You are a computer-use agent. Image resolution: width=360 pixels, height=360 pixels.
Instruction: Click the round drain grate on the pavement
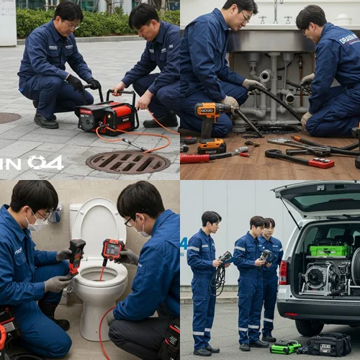(x=127, y=162)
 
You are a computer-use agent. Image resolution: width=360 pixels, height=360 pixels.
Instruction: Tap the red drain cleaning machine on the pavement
(x=108, y=116)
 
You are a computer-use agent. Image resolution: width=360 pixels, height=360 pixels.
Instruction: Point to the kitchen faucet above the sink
(x=274, y=11)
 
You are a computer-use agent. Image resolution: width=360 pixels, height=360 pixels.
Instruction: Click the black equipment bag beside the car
(x=329, y=343)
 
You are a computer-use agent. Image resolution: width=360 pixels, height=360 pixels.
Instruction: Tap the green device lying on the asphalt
(x=285, y=346)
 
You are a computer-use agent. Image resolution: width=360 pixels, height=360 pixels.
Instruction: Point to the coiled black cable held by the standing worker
(x=217, y=279)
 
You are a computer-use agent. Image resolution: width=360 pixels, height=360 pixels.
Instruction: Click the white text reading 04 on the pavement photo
(x=45, y=163)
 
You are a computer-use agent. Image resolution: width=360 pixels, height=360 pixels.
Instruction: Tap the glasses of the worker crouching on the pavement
(x=72, y=25)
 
